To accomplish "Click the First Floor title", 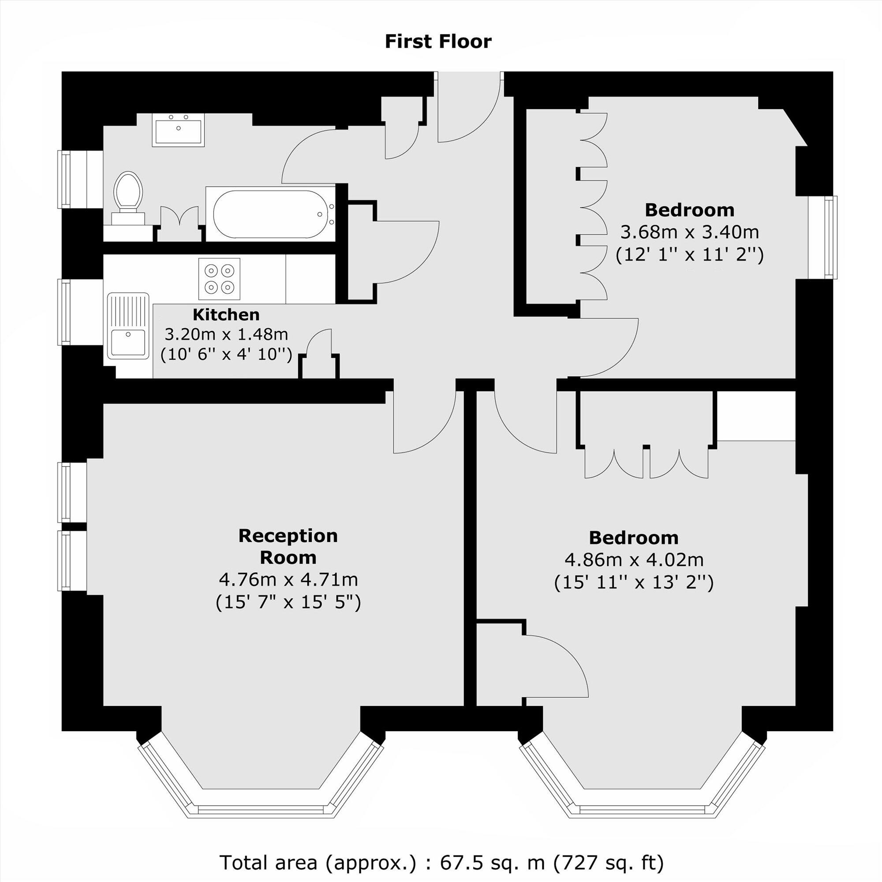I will click(x=438, y=41).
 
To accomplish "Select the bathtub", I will click(x=270, y=213).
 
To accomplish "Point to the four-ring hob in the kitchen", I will click(x=219, y=278).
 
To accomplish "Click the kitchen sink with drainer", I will click(x=128, y=326).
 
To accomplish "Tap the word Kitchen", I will click(x=226, y=314).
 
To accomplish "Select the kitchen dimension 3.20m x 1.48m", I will click(x=226, y=334).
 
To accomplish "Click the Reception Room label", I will click(x=288, y=546).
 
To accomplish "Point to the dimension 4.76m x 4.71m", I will click(x=288, y=579).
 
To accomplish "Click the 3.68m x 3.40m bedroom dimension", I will click(x=689, y=232).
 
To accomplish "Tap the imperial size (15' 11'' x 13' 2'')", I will click(x=634, y=583).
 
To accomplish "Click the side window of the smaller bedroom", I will click(x=822, y=237).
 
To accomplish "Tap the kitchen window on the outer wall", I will click(x=65, y=312).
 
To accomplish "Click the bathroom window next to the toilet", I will click(x=65, y=179).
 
